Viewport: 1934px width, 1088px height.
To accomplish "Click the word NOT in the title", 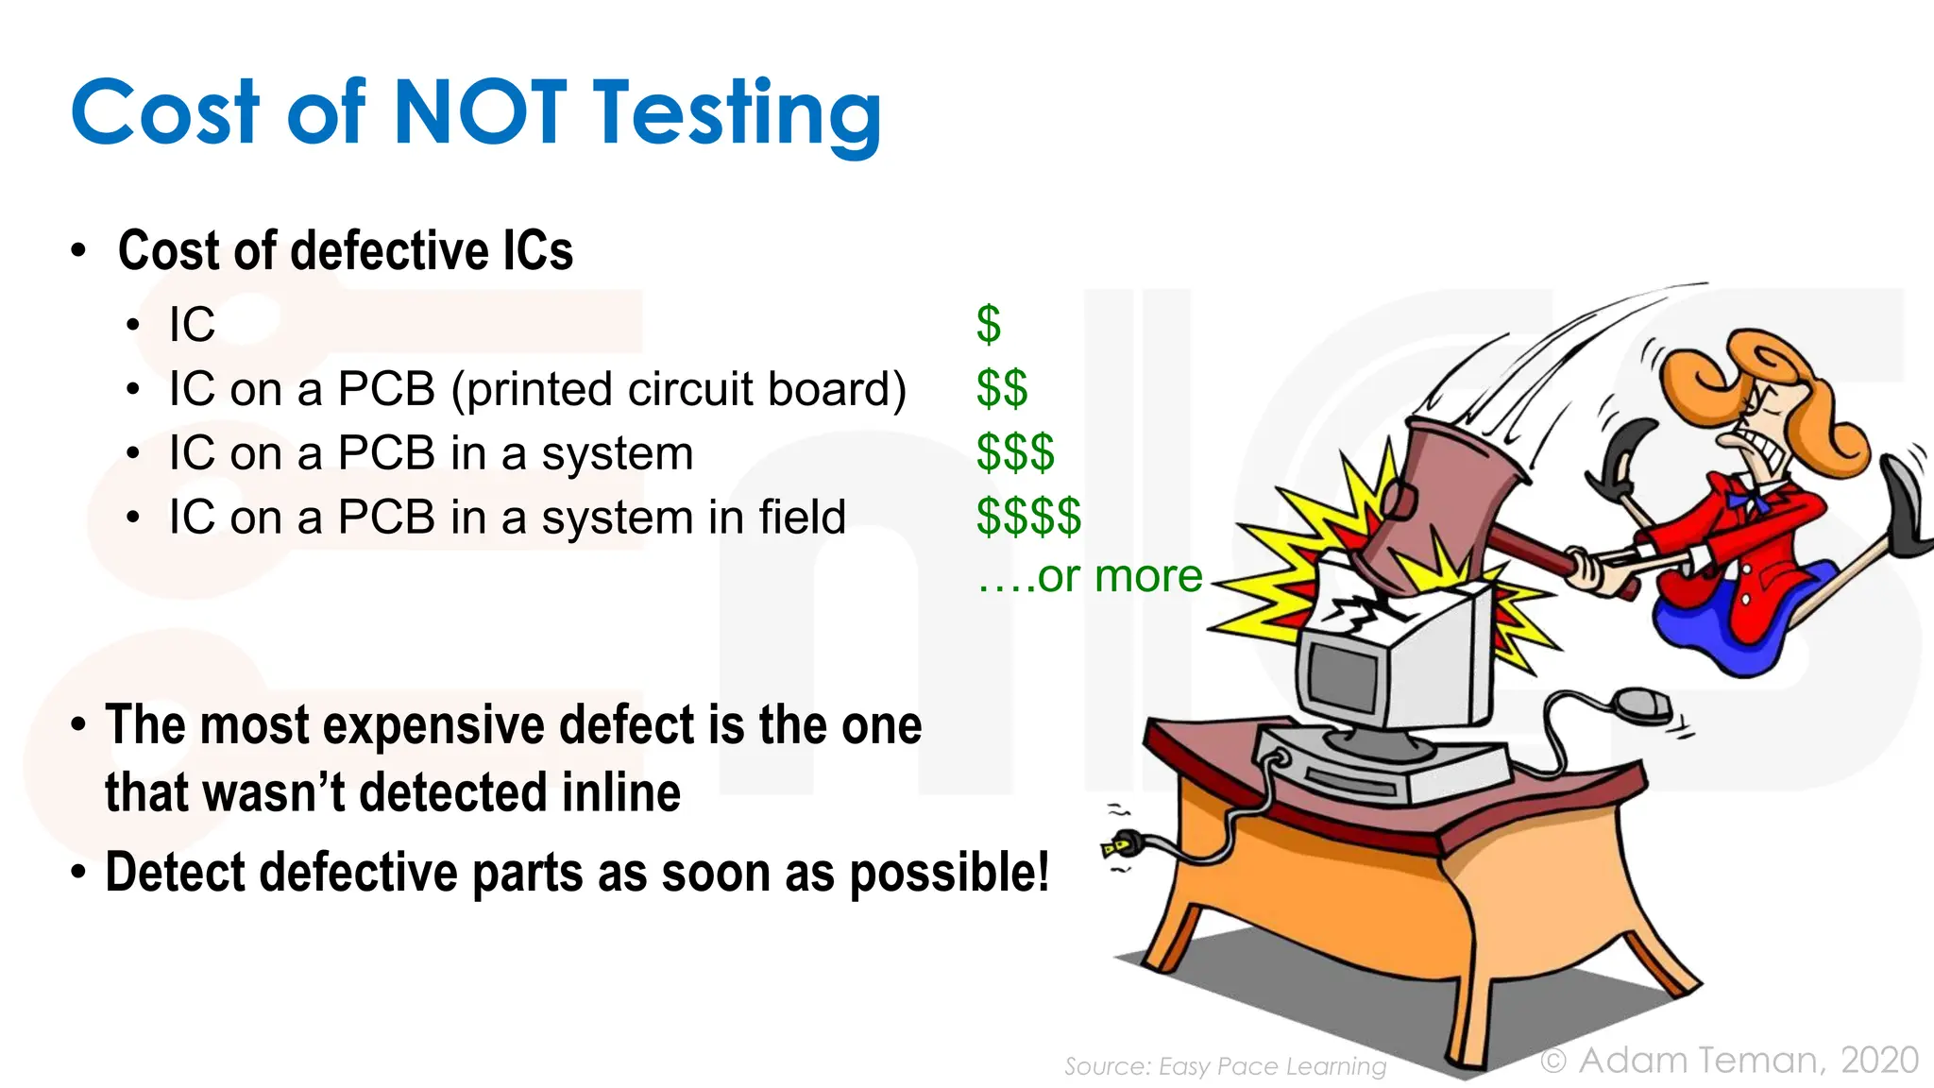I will click(x=479, y=113).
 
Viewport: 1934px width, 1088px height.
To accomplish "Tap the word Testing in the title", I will click(x=737, y=115).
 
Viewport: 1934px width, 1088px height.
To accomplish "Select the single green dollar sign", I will click(x=988, y=324).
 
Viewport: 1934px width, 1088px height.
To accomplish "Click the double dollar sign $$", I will click(x=1002, y=388).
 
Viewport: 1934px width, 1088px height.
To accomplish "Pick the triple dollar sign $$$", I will click(x=1015, y=452).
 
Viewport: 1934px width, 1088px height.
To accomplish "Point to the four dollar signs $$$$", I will click(x=1028, y=517).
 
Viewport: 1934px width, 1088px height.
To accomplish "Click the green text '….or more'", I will click(x=1090, y=576).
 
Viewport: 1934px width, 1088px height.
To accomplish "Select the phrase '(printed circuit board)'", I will click(x=679, y=389).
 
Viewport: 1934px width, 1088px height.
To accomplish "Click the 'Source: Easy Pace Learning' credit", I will click(x=1225, y=1066).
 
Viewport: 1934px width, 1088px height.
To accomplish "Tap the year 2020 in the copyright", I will click(x=1879, y=1060).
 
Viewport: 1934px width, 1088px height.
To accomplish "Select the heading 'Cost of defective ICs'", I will click(x=346, y=251).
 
